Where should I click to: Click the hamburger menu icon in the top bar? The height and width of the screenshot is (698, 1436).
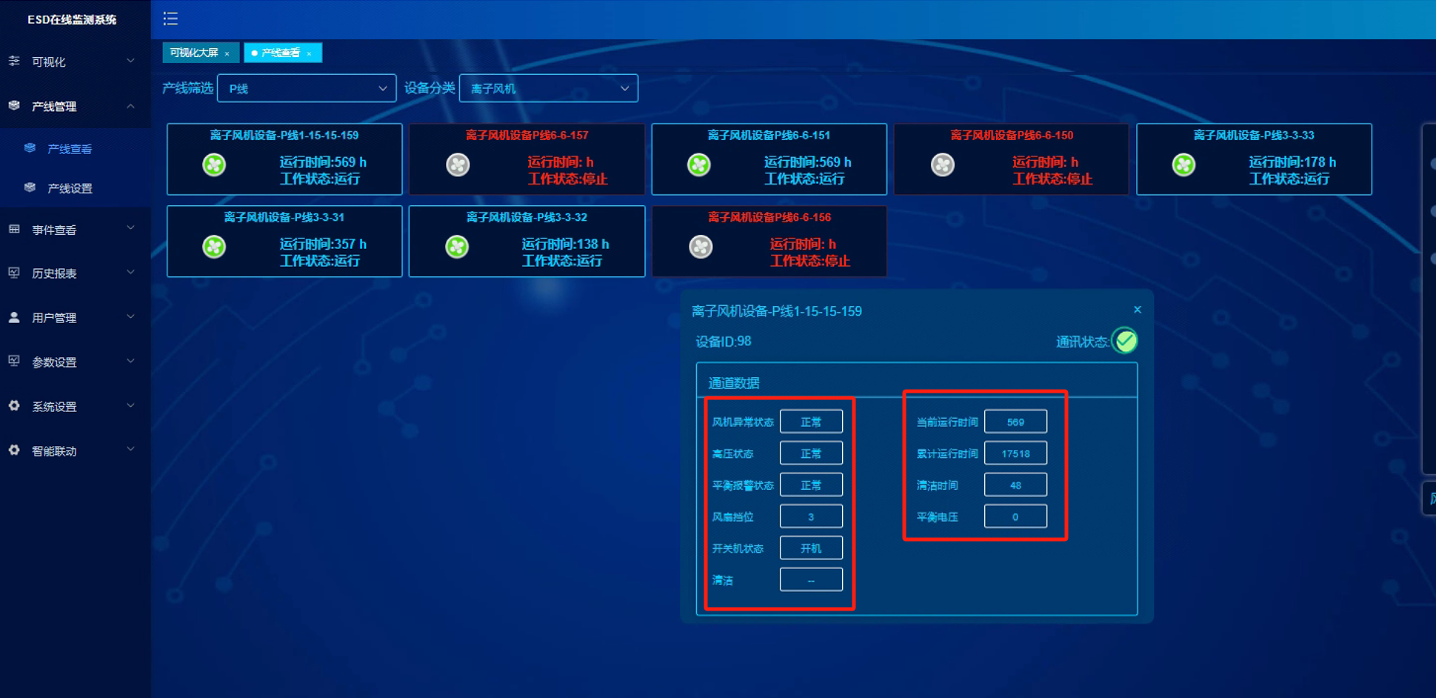170,19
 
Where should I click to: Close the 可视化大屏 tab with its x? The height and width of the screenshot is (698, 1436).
227,53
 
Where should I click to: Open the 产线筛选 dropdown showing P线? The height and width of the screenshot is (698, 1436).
307,88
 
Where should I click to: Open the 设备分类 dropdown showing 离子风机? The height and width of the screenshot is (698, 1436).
549,88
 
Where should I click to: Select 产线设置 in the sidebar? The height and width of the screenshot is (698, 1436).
70,188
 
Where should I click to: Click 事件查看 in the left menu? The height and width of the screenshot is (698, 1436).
54,230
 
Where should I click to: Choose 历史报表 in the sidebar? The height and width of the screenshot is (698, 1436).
54,273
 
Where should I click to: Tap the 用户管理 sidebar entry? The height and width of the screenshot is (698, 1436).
54,318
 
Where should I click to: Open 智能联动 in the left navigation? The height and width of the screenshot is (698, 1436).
54,451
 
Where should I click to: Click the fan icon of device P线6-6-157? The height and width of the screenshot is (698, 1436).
458,164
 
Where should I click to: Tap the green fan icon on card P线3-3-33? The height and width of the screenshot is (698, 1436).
1183,164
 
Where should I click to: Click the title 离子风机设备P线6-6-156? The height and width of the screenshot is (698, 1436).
769,217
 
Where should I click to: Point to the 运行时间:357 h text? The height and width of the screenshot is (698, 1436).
323,244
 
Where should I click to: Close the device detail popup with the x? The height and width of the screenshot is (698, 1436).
1138,310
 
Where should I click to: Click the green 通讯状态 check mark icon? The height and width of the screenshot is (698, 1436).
1126,341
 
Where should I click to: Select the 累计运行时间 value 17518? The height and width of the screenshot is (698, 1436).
1015,453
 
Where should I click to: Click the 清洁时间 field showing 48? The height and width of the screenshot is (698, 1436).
1015,485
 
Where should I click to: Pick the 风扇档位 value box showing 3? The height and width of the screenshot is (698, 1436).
811,516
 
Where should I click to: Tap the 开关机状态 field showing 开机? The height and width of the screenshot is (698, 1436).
811,548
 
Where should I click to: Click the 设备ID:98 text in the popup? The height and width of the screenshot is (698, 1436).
724,342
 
